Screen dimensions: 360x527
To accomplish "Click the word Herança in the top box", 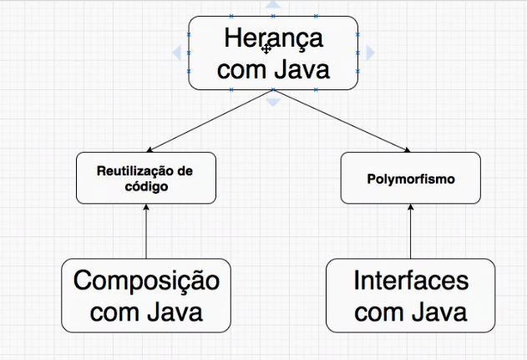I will tap(273, 38).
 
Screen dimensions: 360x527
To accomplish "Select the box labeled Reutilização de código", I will tap(146, 178).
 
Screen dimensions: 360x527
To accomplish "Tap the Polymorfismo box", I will tap(410, 178).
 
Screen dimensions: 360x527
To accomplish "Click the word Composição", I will tap(146, 281).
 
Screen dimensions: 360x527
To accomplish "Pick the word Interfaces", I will tap(410, 281).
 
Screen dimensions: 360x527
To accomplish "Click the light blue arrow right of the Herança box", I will tap(370, 53).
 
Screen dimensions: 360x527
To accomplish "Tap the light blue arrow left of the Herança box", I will tap(177, 53).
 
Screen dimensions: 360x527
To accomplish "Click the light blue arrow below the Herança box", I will tap(273, 101).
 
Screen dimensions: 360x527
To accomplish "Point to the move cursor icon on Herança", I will tap(266, 49).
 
